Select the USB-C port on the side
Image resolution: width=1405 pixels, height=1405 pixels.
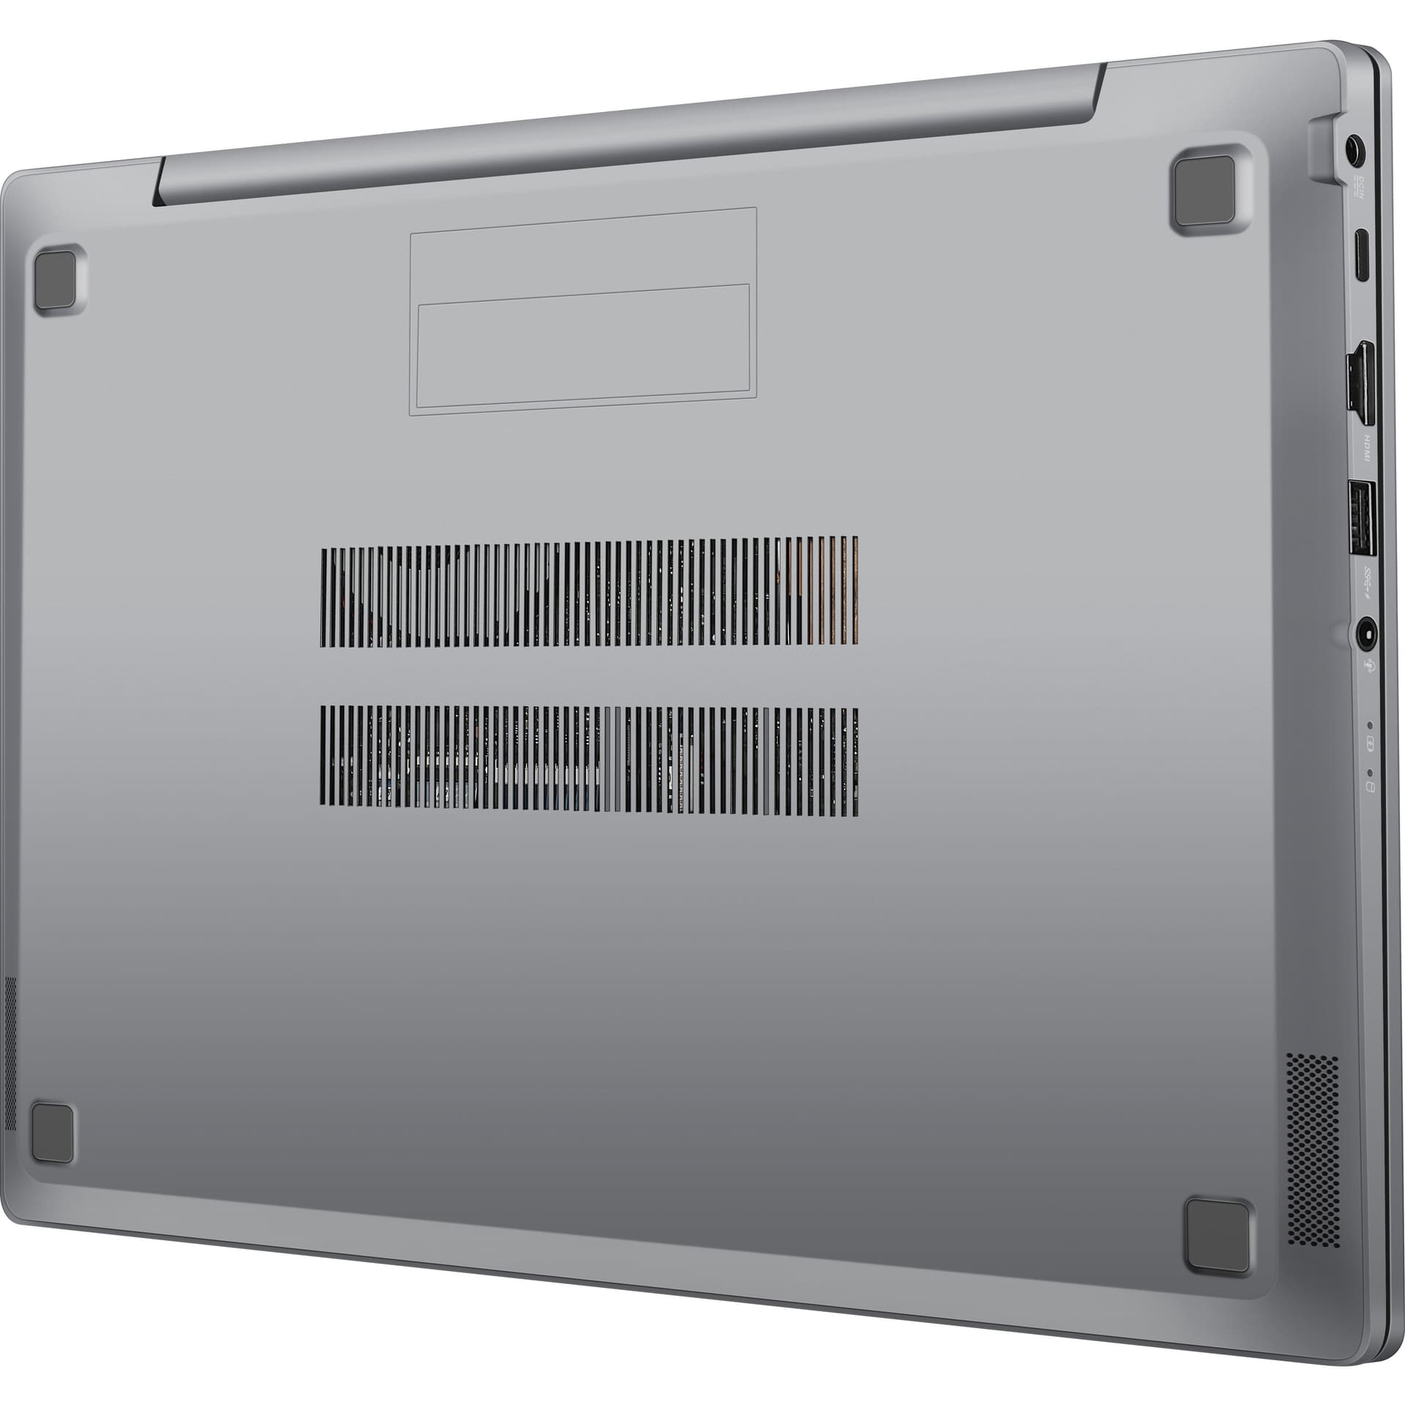tap(1361, 255)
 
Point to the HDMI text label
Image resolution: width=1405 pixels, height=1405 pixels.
tap(1365, 448)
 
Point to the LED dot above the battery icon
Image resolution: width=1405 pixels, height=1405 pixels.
tap(1370, 725)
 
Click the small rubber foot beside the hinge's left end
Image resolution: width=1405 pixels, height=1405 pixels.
tap(55, 280)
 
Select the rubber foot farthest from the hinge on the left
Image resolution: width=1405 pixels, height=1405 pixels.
tap(53, 1132)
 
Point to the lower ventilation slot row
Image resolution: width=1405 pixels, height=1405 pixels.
tap(589, 760)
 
